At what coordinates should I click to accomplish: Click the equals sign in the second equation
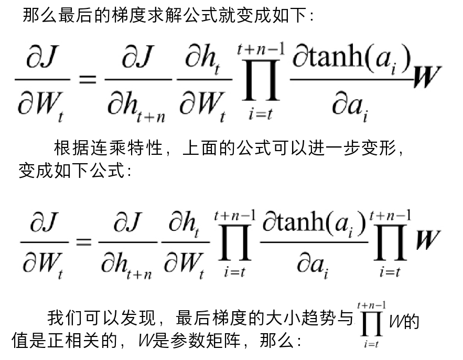point(83,242)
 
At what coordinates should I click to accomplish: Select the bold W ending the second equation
point(428,239)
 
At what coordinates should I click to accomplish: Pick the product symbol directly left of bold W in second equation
point(390,242)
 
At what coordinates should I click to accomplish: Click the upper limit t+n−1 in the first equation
point(261,50)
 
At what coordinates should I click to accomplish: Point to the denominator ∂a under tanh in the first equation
point(347,105)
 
